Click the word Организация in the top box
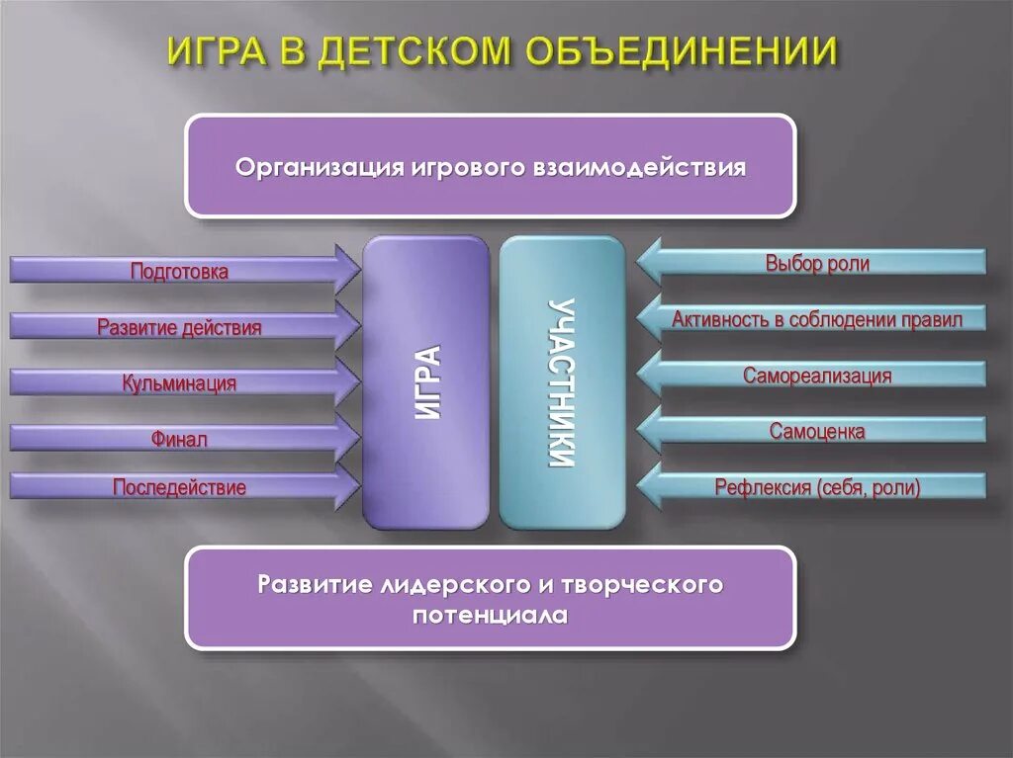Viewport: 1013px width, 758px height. pos(317,166)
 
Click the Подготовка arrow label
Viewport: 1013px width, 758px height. pos(179,271)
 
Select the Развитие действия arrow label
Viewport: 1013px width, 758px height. pos(179,327)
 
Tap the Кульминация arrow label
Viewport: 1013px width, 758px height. pos(179,383)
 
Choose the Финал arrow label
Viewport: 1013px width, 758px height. pos(179,439)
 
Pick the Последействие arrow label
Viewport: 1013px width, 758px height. pos(179,487)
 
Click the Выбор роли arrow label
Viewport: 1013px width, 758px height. pos(817,263)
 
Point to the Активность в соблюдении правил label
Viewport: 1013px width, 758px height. pos(817,319)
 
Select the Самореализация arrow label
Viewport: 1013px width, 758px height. pos(817,376)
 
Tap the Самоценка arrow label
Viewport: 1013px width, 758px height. pos(817,432)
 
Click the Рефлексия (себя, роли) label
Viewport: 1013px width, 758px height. pos(817,487)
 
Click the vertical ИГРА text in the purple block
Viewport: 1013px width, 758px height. pos(427,381)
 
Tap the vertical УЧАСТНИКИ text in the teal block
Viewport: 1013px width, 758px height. pos(562,381)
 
